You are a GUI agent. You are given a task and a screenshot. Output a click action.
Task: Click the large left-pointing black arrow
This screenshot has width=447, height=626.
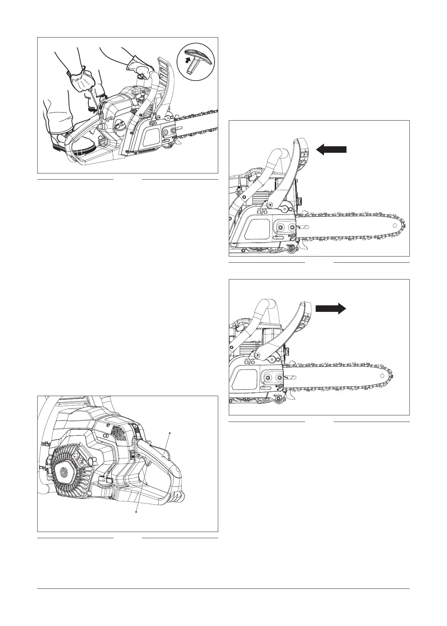331,149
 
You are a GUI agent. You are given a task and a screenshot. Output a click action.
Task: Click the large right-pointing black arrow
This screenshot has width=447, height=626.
331,309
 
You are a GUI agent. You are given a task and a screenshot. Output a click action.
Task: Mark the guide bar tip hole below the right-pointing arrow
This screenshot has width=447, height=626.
381,376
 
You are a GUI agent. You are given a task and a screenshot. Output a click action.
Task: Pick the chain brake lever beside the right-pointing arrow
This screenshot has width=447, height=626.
294,321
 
